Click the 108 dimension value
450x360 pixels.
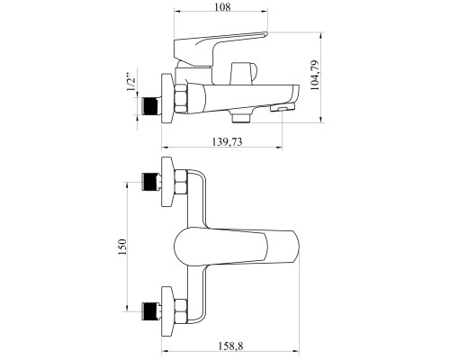point(222,6)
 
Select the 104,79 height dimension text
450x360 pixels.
point(315,76)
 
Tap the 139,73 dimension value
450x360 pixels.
point(227,141)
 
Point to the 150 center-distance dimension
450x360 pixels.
point(122,247)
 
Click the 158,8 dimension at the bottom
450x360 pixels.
point(230,346)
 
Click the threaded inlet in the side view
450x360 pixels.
point(149,106)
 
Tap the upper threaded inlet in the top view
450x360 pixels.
point(149,182)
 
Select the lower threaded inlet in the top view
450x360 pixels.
point(149,311)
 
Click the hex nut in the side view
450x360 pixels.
point(181,99)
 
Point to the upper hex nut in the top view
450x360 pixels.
point(181,182)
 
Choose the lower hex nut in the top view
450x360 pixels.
point(181,311)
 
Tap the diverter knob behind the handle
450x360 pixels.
point(243,74)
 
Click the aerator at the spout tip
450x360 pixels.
point(283,107)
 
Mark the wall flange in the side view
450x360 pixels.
point(167,98)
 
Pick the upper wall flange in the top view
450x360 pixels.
point(167,182)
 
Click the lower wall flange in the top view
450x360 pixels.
point(167,311)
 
